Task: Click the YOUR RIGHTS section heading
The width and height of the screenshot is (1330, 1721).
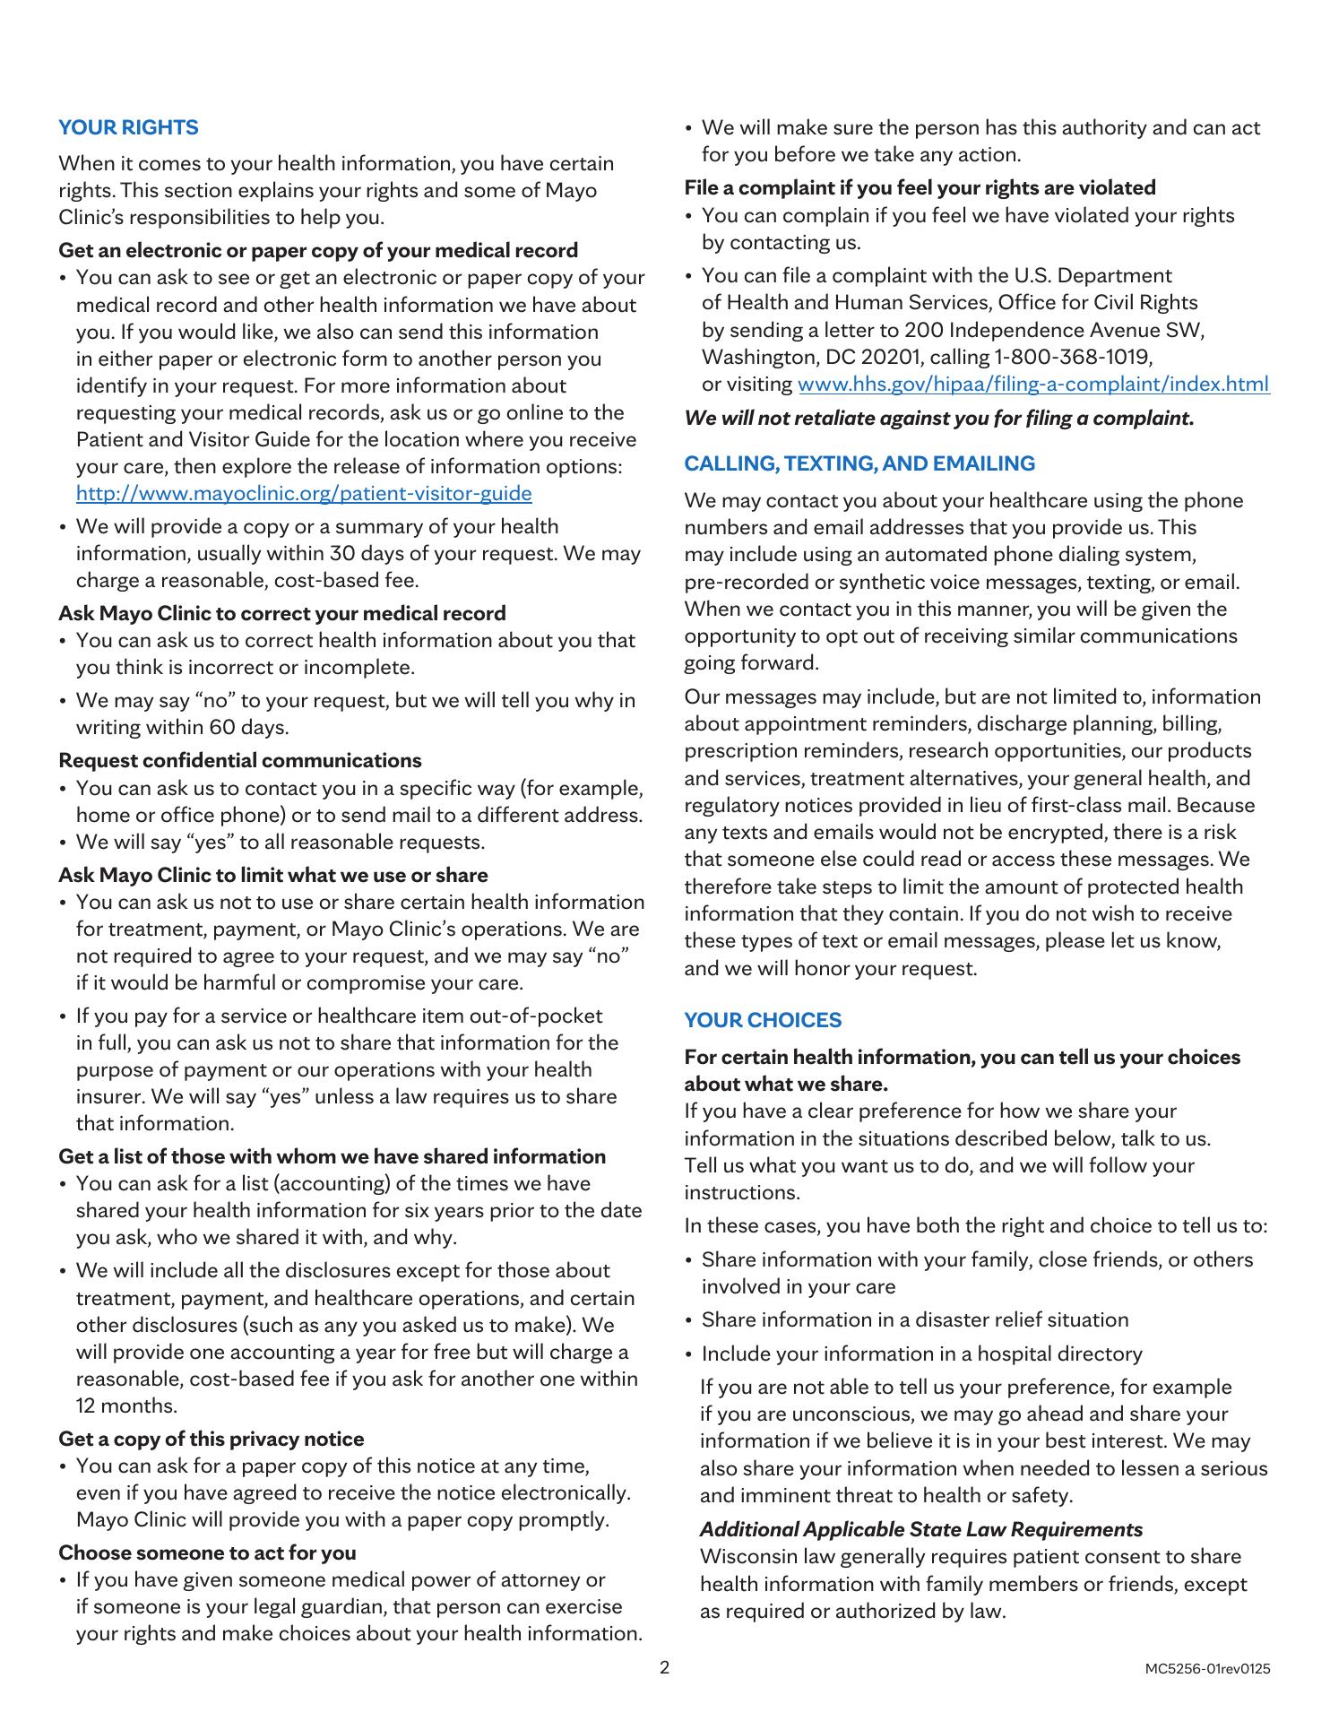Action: pos(128,127)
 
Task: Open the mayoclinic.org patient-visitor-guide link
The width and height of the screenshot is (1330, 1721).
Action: pos(304,494)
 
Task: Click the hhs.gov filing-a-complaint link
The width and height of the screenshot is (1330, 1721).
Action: pos(1032,385)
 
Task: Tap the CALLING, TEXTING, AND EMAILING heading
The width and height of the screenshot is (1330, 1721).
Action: pos(859,463)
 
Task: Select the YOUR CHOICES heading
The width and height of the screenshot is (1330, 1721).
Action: pos(763,1020)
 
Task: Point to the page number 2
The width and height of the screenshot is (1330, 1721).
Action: pos(664,1667)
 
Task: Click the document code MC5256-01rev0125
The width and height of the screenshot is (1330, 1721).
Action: pos(1207,1669)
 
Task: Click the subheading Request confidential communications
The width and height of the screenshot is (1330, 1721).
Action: pos(239,760)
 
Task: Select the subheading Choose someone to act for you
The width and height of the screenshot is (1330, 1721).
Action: pos(207,1552)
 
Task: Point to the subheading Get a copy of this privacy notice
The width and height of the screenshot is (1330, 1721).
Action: pos(212,1439)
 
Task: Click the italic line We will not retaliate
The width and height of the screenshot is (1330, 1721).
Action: pos(938,418)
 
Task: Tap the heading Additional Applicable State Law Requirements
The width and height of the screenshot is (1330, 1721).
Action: pos(921,1529)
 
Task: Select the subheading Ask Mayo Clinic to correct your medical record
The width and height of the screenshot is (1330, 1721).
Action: pos(281,613)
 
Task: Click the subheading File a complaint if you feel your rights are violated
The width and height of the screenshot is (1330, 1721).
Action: pos(920,187)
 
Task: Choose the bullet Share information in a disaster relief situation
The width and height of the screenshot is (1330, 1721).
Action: pos(914,1319)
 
